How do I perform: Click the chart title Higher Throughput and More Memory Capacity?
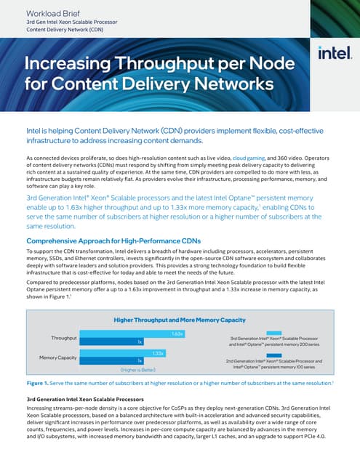pos(180,320)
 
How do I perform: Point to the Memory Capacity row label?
pos(57,357)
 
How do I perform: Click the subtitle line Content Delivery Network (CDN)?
pos(61,31)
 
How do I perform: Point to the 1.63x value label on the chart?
pos(177,333)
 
